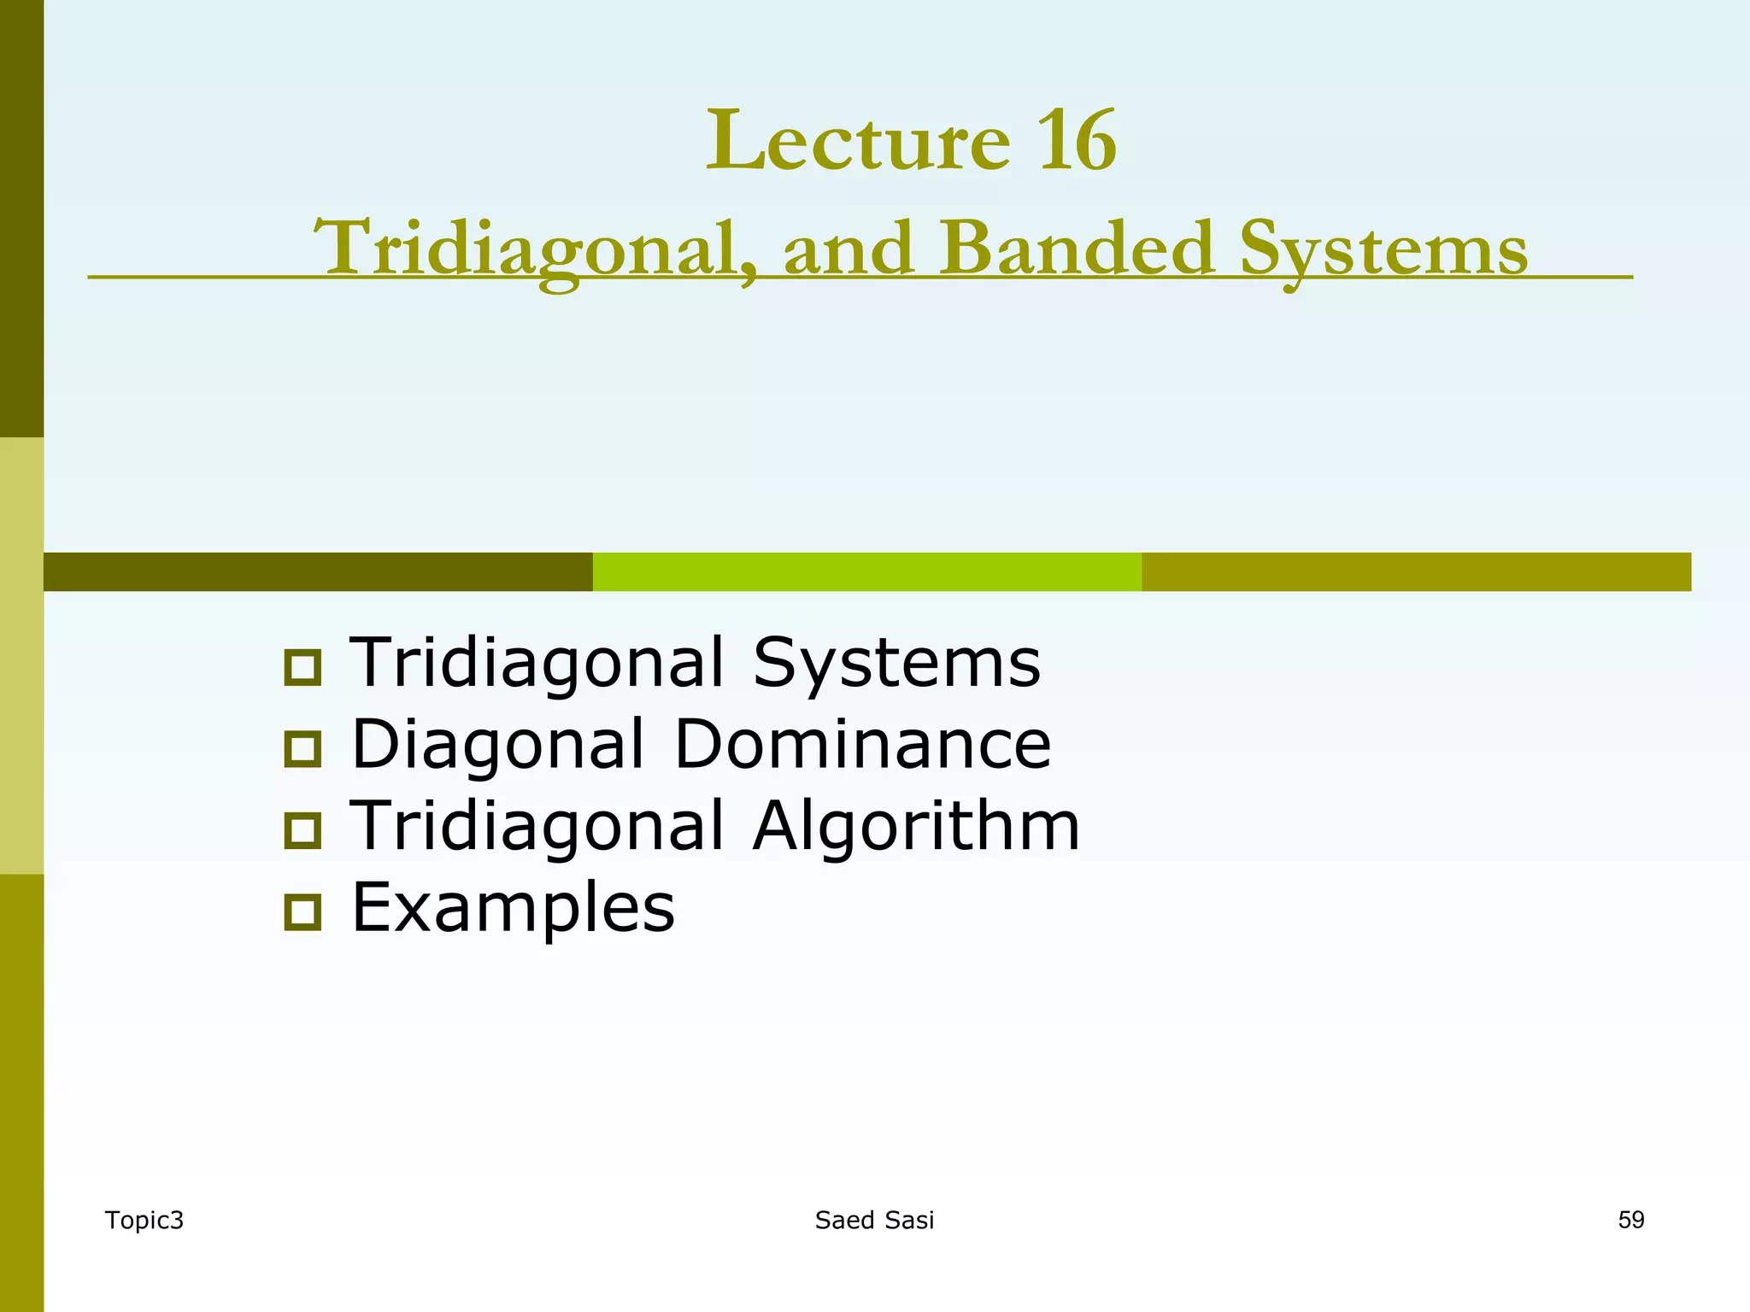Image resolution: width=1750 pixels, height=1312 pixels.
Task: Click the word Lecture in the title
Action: (x=858, y=141)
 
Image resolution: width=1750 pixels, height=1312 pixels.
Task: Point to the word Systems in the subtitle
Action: (x=1383, y=250)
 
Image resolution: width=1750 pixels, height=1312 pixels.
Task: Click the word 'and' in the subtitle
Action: (x=849, y=249)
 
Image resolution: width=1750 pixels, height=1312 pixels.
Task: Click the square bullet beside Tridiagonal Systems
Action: (x=302, y=667)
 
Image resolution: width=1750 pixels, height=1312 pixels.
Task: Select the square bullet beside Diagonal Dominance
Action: (x=302, y=748)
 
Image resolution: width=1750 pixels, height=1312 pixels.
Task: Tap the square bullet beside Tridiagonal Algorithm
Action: (x=302, y=830)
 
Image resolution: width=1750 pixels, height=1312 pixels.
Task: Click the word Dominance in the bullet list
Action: (x=862, y=744)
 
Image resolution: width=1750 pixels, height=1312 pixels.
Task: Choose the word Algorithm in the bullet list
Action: (x=916, y=826)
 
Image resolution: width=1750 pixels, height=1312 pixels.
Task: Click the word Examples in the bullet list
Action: (x=513, y=908)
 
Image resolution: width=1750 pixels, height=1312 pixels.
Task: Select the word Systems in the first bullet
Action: (x=896, y=664)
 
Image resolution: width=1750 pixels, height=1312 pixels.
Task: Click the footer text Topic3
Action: (x=144, y=1221)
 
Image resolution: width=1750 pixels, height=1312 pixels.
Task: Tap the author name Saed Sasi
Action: (x=874, y=1221)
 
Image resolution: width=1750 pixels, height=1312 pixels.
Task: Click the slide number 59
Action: (x=1630, y=1220)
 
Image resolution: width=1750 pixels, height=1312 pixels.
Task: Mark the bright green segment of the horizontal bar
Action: (x=866, y=571)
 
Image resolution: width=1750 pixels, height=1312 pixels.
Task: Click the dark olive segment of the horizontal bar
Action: (x=318, y=571)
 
